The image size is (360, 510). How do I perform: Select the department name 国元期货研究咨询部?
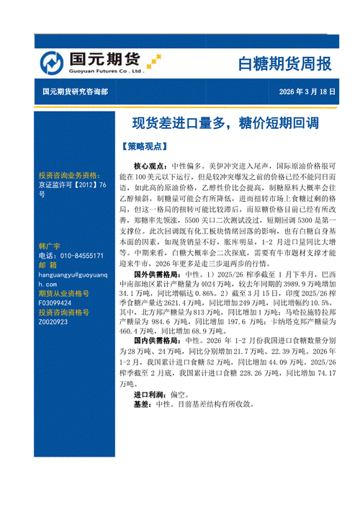tap(74, 91)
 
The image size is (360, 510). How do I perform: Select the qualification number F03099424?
tap(57, 304)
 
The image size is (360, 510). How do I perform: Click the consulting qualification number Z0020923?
tap(55, 322)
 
